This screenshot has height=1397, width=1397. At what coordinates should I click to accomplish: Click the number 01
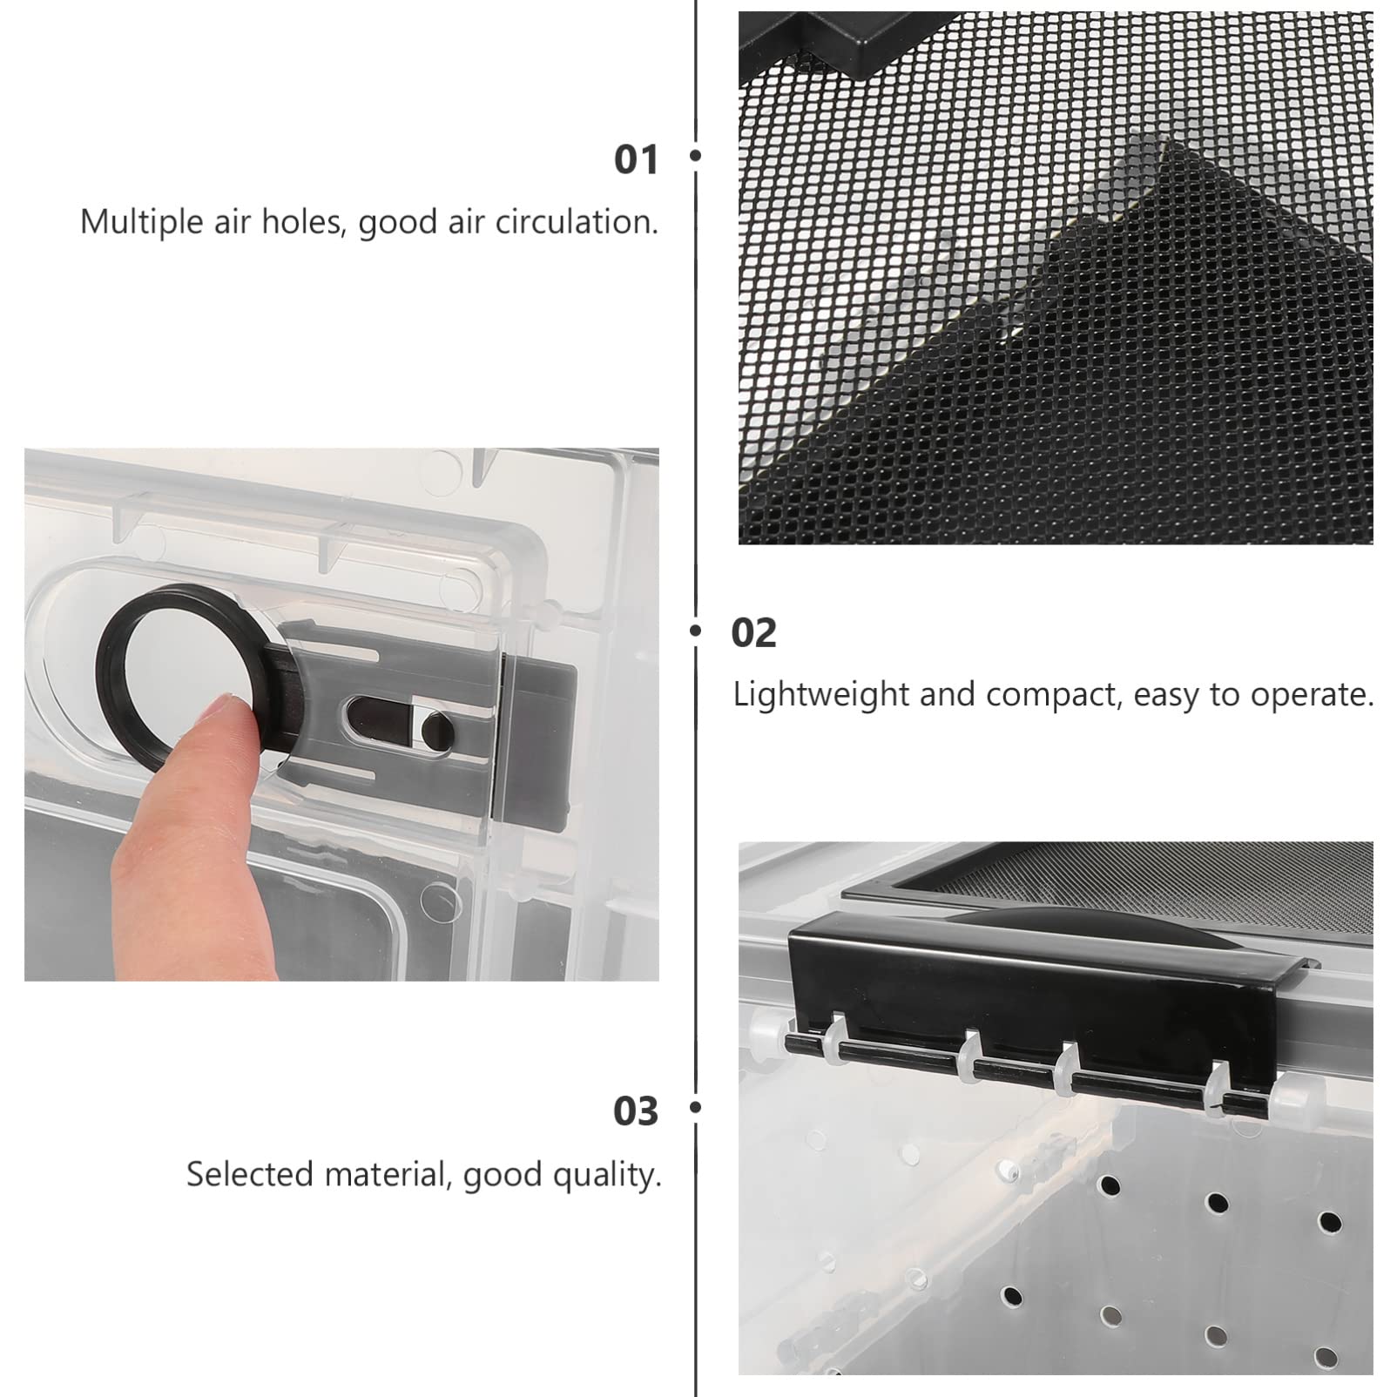[x=636, y=160]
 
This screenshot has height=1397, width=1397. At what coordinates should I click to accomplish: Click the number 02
[x=753, y=633]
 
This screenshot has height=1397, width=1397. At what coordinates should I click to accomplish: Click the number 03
[x=636, y=1112]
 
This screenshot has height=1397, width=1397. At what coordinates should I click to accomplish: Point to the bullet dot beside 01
[x=695, y=157]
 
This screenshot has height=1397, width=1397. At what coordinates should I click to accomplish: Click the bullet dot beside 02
[x=695, y=631]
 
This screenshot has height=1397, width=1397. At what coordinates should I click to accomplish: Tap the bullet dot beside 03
[x=695, y=1108]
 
